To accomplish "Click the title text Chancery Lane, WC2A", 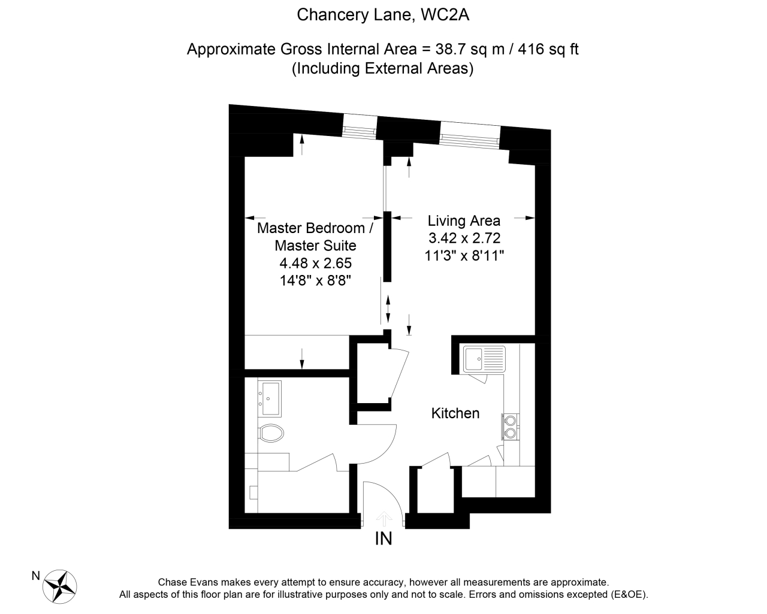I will tap(383, 15).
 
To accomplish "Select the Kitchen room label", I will tap(455, 413).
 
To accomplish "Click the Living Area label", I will tap(464, 220).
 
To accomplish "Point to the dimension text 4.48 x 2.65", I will tap(315, 262).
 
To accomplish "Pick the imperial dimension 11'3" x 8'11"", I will tap(464, 255).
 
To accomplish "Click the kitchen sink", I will tap(484, 359).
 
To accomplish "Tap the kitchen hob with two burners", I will tap(511, 425).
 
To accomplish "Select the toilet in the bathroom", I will tap(272, 432).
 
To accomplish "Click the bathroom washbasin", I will tap(271, 398).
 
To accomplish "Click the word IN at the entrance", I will tap(383, 539).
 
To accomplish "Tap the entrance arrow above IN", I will tap(383, 519).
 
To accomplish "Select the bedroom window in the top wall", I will tap(360, 126).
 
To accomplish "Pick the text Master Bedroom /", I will tap(315, 228).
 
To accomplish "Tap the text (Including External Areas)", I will tap(383, 69).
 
